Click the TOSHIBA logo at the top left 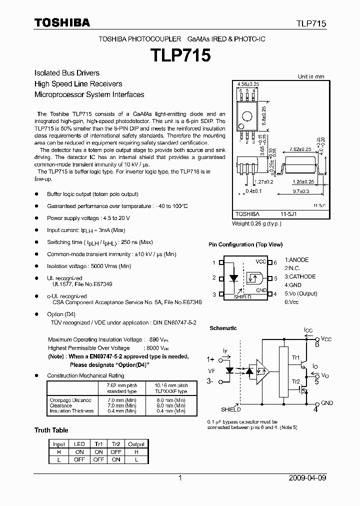pos(62,22)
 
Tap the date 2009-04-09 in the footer pos(307,478)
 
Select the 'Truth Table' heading pos(51,430)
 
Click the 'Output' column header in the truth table pos(136,444)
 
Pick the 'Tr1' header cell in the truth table pos(98,444)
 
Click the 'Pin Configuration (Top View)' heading pos(245,244)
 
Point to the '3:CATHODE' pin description pos(300,276)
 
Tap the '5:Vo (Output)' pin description pos(301,293)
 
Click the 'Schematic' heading pos(223,328)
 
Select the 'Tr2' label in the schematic pos(295,381)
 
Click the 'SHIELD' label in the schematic pos(230,409)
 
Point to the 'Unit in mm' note pos(311,76)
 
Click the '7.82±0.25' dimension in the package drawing pos(300,149)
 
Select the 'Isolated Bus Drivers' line pos(66,73)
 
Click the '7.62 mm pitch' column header pos(121,385)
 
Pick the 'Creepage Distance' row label pos(70,400)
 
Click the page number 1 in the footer pos(180,478)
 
